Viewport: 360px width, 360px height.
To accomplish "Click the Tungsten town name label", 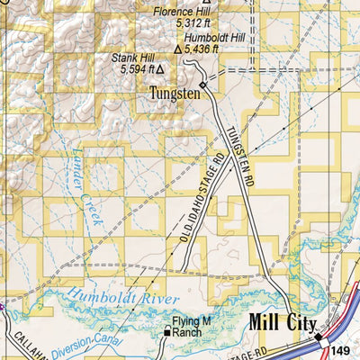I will pyautogui.click(x=174, y=93).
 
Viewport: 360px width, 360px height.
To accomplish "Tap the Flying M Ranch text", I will pyautogui.click(x=195, y=328).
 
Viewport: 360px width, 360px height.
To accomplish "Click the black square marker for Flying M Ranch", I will pyautogui.click(x=166, y=333).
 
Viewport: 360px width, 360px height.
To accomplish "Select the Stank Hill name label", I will pyautogui.click(x=132, y=57).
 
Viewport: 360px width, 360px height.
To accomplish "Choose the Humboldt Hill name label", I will pyautogui.click(x=213, y=39).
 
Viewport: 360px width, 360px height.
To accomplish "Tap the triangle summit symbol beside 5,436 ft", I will pyautogui.click(x=177, y=51).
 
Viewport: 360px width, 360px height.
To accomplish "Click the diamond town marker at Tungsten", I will pyautogui.click(x=203, y=85).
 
